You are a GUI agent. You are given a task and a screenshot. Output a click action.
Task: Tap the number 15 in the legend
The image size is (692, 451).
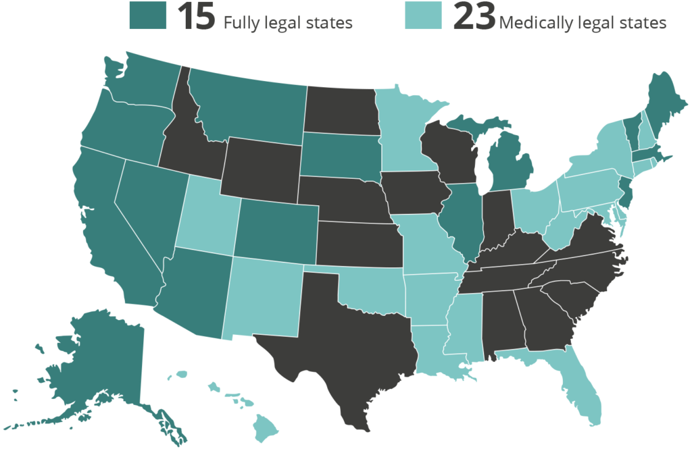tap(197, 16)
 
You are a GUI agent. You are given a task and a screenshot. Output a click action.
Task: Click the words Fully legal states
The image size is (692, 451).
tap(288, 22)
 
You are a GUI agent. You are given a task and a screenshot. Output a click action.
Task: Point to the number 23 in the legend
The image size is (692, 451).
tap(474, 16)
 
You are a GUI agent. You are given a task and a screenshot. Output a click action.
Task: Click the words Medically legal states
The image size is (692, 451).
tap(583, 22)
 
